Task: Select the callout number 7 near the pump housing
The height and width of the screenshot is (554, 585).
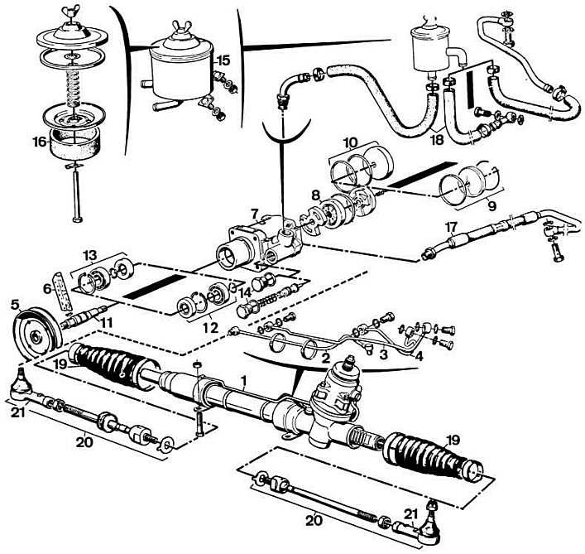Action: pyautogui.click(x=255, y=214)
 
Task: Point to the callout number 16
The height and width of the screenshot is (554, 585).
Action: pyautogui.click(x=37, y=142)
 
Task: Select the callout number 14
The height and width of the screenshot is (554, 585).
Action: pyautogui.click(x=243, y=291)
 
